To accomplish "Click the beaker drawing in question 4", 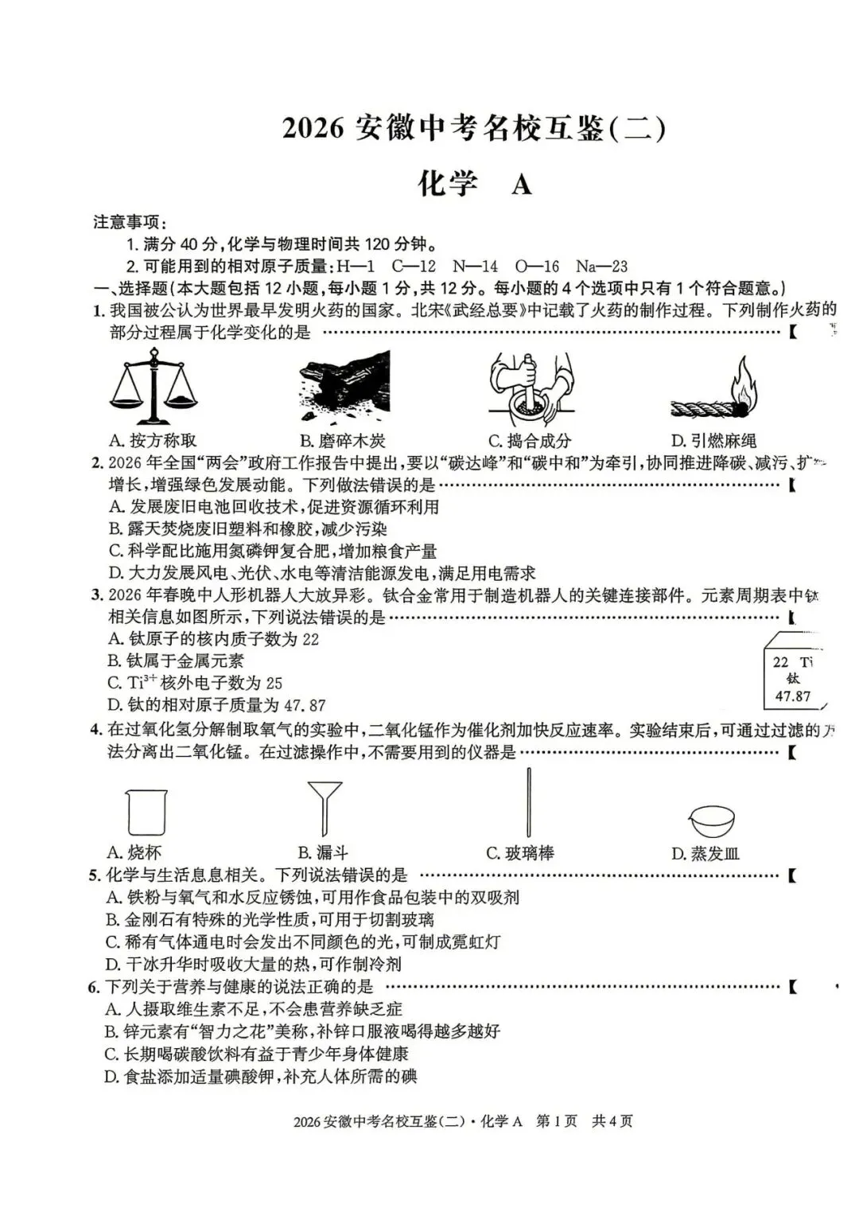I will point(146,812).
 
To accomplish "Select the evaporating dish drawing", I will point(713,820).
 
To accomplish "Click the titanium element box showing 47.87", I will point(793,677).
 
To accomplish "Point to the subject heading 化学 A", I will point(475,184).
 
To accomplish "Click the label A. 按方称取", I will point(152,440).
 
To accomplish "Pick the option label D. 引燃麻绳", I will point(713,440).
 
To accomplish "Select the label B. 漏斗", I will point(323,853).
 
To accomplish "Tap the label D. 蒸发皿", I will point(705,853).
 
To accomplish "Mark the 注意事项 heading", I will point(130,222).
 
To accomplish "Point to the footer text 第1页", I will point(557,1121).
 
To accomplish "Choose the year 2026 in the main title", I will point(313,128).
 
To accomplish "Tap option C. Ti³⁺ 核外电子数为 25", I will point(195,683).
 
